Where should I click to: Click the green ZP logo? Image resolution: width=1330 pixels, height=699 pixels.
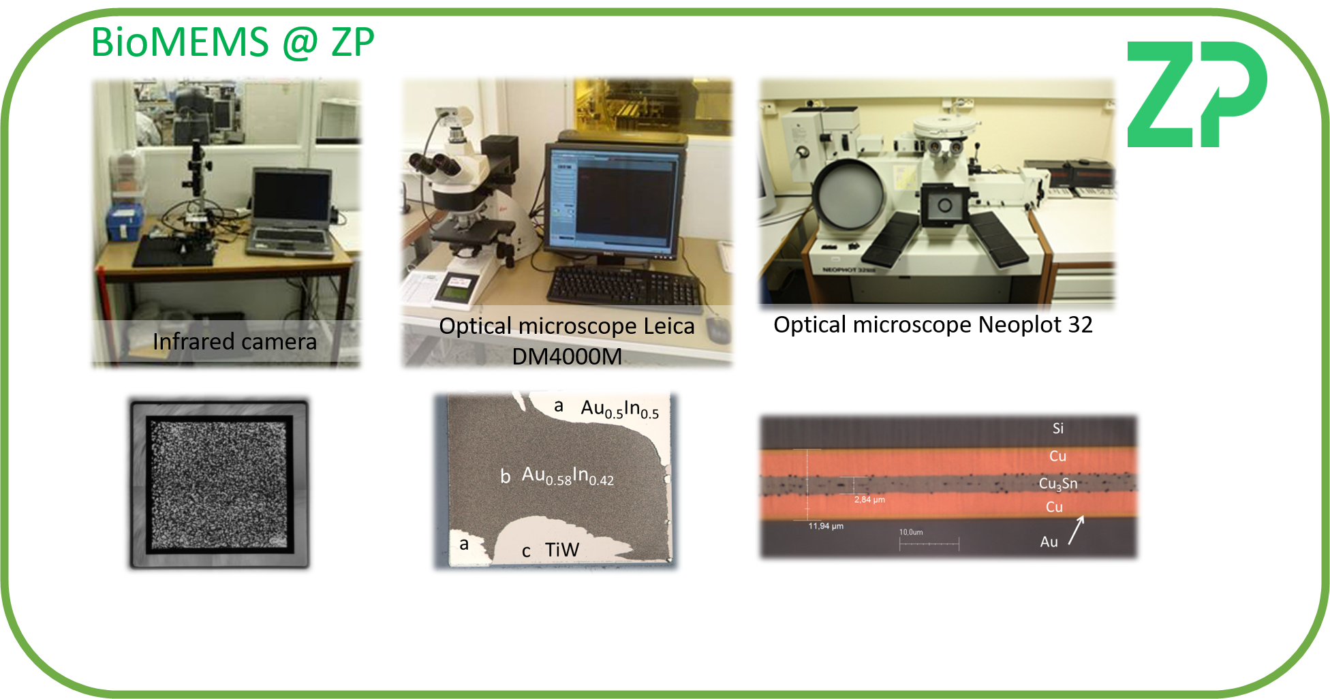pos(1196,94)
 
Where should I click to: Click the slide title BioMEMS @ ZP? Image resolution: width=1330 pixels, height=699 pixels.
pos(232,42)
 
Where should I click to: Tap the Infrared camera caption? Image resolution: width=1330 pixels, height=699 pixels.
pos(234,341)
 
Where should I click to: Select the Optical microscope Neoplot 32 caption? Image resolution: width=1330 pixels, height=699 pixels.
pos(932,325)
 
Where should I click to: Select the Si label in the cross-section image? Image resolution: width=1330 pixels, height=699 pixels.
pos(1057,429)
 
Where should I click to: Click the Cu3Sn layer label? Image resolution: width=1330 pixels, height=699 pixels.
pos(1057,484)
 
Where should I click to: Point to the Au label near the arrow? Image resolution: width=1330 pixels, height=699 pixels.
pos(1049,542)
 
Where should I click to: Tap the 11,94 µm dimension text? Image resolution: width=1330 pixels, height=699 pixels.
pos(826,526)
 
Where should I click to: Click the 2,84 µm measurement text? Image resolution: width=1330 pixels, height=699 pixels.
pos(869,499)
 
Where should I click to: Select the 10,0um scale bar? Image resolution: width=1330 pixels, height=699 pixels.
pos(929,543)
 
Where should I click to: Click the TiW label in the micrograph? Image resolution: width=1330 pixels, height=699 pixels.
pos(561,550)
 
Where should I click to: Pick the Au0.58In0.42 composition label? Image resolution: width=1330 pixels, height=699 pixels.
pos(568,475)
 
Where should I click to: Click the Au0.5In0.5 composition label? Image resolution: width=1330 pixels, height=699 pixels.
pos(619,409)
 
